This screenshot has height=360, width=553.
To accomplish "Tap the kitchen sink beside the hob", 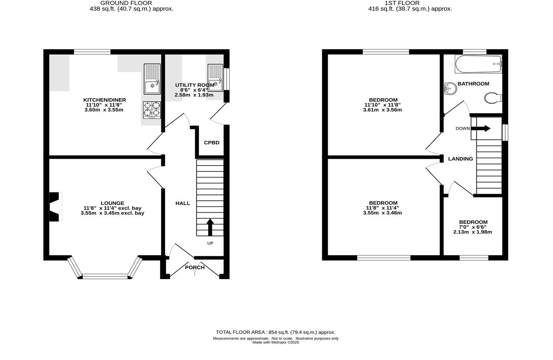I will (x=152, y=79).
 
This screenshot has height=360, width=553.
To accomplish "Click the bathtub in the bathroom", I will (x=478, y=64).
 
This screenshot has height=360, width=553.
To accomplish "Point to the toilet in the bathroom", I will (x=493, y=98).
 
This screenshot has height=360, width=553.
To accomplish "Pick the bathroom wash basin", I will (x=449, y=89).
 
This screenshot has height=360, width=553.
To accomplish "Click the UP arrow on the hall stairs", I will (x=210, y=227).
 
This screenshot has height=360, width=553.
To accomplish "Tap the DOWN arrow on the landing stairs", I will (x=482, y=129).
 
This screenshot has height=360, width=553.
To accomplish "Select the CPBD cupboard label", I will (x=211, y=142).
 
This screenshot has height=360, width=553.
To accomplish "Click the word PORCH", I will (x=195, y=267).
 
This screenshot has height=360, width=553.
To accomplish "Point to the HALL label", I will (x=182, y=203).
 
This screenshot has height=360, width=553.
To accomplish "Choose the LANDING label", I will (x=460, y=159).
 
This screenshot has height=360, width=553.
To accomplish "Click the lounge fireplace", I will (x=55, y=207).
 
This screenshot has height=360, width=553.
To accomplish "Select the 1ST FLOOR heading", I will (x=410, y=3).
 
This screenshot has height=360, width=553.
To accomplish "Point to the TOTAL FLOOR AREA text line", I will (x=275, y=332).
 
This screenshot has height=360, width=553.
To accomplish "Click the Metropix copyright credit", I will (x=275, y=343).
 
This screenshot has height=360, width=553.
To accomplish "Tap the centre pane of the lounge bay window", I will (x=105, y=276).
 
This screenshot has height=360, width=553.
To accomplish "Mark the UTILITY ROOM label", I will (x=194, y=85).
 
